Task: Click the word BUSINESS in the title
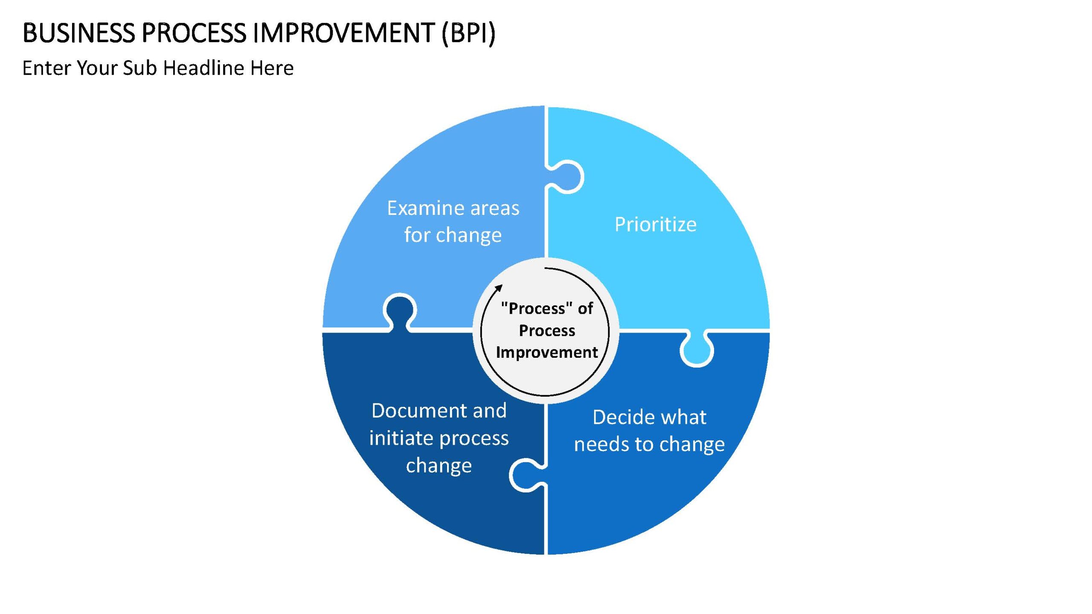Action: (x=79, y=33)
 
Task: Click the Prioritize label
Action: (x=656, y=224)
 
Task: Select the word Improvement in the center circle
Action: (x=547, y=352)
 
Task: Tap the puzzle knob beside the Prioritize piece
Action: (x=566, y=177)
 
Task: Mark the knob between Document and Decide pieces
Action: (x=527, y=475)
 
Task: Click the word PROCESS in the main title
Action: (x=194, y=33)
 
